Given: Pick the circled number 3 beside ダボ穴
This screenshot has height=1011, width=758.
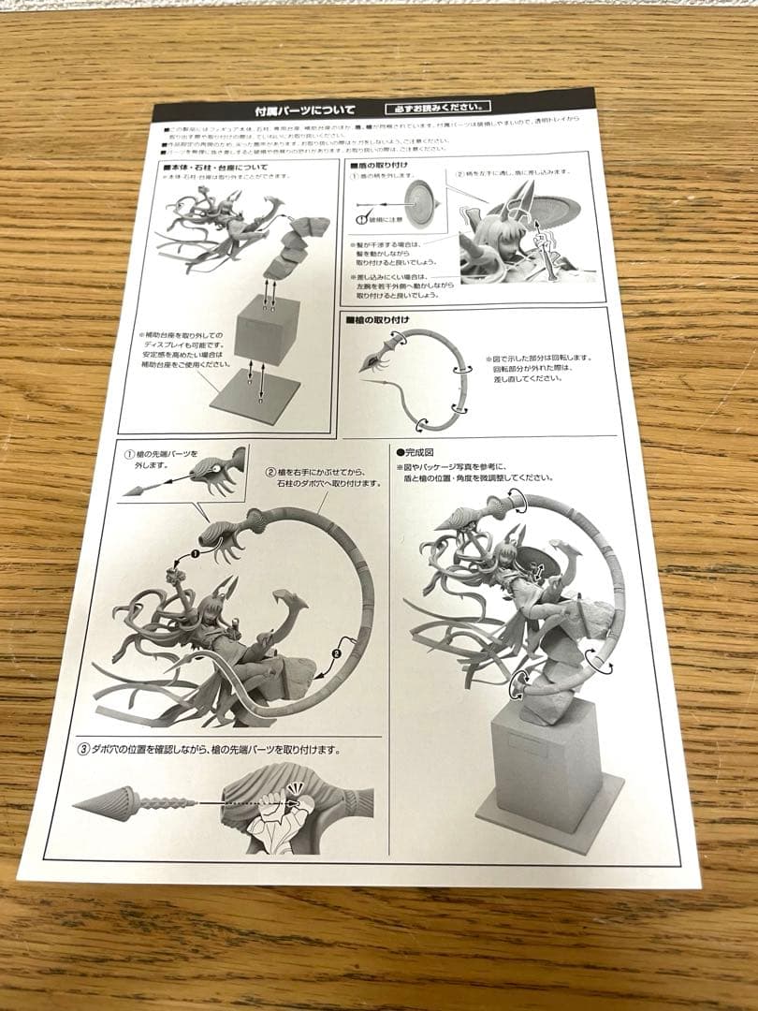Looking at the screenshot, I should tap(83, 749).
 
